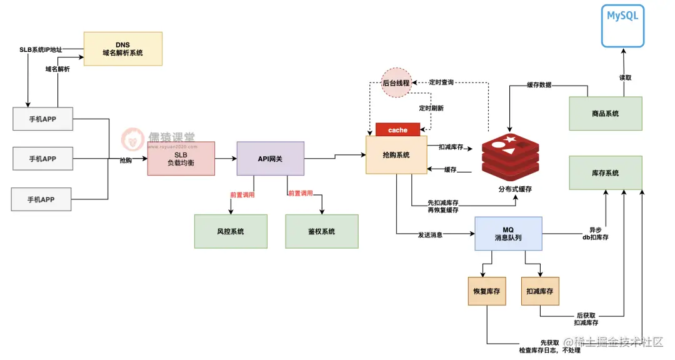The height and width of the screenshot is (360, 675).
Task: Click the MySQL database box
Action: [x=622, y=26]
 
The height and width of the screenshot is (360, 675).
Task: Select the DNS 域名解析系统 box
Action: [x=122, y=49]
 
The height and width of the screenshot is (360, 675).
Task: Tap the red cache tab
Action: [x=397, y=130]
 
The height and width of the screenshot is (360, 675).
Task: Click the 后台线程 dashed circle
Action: [x=396, y=83]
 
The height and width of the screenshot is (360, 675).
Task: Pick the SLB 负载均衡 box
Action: [x=181, y=159]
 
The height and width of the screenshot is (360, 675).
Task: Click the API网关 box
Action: [x=270, y=159]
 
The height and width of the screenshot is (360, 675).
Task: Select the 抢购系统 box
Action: [x=396, y=155]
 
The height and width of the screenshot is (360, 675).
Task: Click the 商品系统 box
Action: [x=605, y=114]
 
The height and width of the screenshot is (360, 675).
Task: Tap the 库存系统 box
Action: [x=605, y=173]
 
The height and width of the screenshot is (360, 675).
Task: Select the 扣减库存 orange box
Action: [x=539, y=291]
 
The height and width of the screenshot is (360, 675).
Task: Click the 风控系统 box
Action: [x=230, y=231]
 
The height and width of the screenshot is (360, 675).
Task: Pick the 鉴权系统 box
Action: [x=322, y=231]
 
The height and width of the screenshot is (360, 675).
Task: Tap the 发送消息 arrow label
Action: [x=431, y=235]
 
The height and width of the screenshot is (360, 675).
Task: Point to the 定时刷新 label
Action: [x=431, y=108]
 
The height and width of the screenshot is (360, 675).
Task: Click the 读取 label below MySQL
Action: [x=626, y=78]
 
